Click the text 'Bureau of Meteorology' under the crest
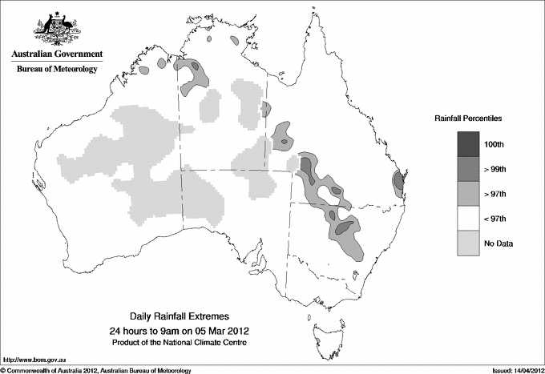[x=56, y=70]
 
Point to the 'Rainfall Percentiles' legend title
[x=468, y=119]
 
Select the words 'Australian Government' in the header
[x=56, y=54]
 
